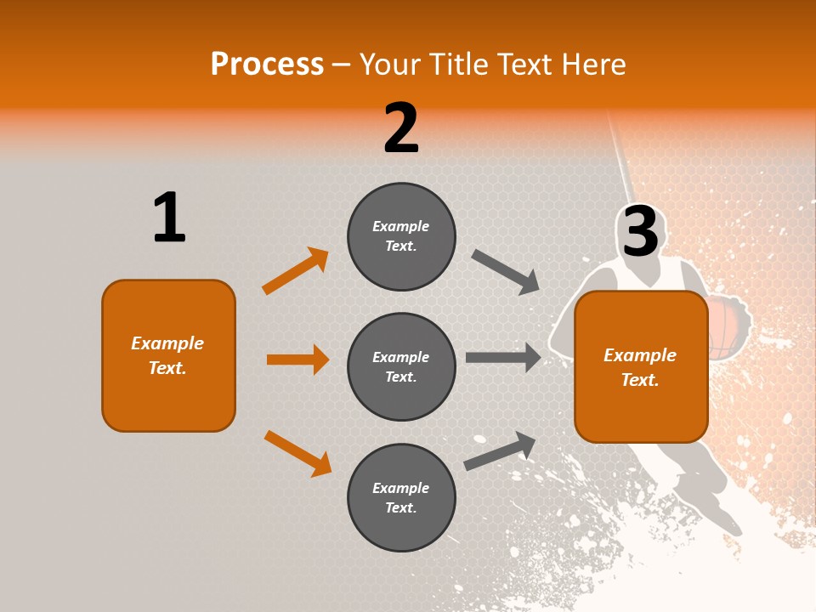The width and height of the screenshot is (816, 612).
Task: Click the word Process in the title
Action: [267, 64]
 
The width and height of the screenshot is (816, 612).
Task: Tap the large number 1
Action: [169, 218]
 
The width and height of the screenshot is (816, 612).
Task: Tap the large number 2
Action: [401, 128]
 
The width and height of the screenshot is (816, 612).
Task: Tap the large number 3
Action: [641, 232]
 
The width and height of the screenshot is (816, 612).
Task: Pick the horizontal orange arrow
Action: [297, 360]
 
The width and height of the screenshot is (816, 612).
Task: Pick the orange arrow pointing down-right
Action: [297, 453]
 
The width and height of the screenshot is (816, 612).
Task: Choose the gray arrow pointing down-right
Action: [506, 272]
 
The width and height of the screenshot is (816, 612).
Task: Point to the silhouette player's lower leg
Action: [705, 501]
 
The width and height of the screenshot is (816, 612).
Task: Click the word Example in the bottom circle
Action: [401, 488]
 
